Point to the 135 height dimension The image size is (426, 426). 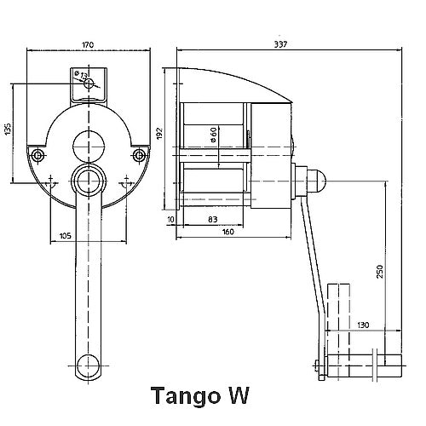click(x=8, y=130)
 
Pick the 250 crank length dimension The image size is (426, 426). click(x=380, y=270)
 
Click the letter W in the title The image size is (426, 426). click(x=239, y=397)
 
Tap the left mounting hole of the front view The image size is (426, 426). click(x=37, y=154)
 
